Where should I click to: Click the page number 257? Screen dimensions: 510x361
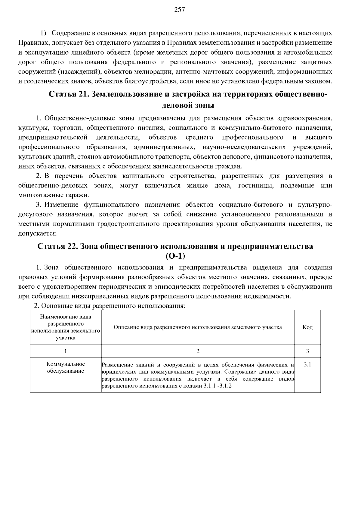point(179,10)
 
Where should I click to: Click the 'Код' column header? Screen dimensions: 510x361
point(307,327)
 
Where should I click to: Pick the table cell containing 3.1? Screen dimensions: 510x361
point(307,365)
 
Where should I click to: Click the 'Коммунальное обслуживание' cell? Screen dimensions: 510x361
point(66,367)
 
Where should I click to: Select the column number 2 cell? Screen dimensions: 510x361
point(198,351)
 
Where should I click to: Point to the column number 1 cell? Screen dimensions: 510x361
point(66,351)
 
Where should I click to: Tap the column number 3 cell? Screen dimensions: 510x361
point(307,351)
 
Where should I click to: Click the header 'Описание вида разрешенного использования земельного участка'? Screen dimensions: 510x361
point(198,327)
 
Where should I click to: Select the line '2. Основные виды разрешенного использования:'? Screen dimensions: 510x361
point(110,306)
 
